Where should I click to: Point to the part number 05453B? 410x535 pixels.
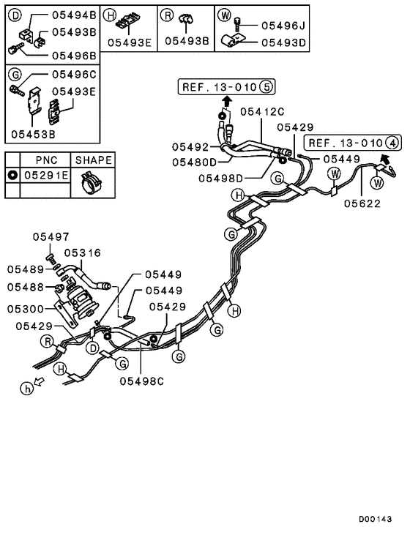coord(34,135)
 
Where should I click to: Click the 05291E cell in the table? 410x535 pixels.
coord(45,176)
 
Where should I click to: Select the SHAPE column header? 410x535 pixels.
coord(92,160)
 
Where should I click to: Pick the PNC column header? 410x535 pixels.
coord(45,160)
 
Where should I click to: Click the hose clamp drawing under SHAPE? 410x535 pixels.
coord(92,182)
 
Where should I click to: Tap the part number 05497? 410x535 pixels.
coord(51,237)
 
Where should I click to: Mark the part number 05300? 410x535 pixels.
coord(26,310)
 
